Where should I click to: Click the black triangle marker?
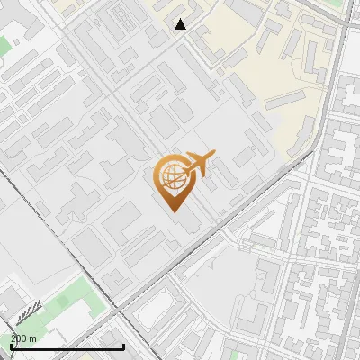(x=181, y=24)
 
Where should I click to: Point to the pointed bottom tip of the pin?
(x=174, y=211)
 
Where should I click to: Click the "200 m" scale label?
(x=23, y=338)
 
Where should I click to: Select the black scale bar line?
(x=67, y=346)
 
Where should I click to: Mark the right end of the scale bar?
(x=123, y=346)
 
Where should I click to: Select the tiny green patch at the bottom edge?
(x=236, y=355)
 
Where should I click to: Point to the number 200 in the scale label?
(x=18, y=338)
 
